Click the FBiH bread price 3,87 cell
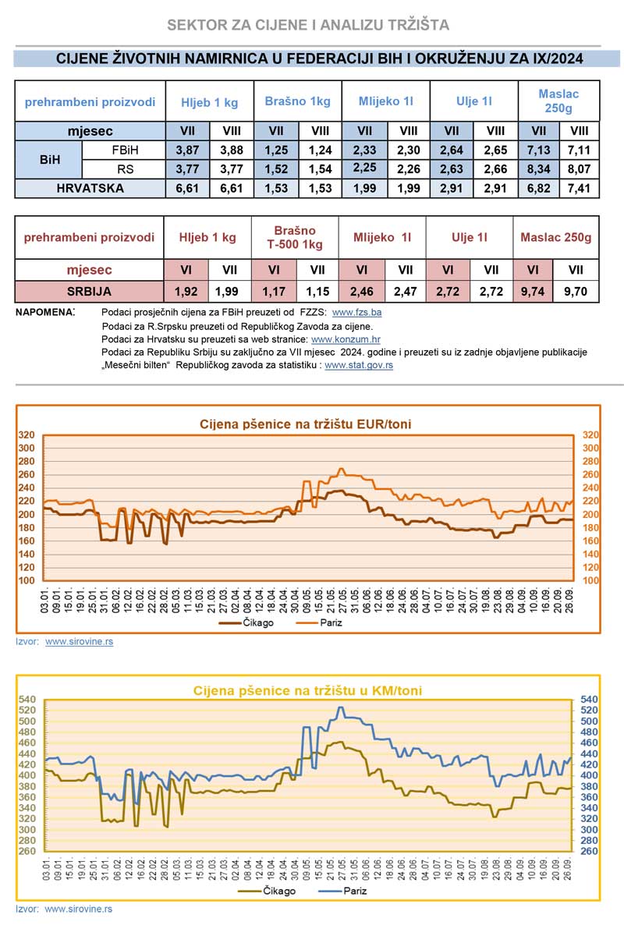click(x=187, y=150)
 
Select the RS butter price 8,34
click(x=538, y=168)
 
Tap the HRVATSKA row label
click(x=90, y=188)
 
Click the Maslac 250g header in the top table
click(x=558, y=100)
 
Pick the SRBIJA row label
click(x=90, y=292)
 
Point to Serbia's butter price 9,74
click(x=534, y=292)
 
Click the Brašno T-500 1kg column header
click(x=295, y=237)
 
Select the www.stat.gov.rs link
click(x=358, y=364)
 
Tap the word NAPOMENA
click(x=45, y=312)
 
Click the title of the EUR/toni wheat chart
click(x=306, y=424)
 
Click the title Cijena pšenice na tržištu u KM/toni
click(x=307, y=690)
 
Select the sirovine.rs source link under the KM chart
click(x=78, y=909)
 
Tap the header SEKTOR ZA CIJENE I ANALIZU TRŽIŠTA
click(x=308, y=25)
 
